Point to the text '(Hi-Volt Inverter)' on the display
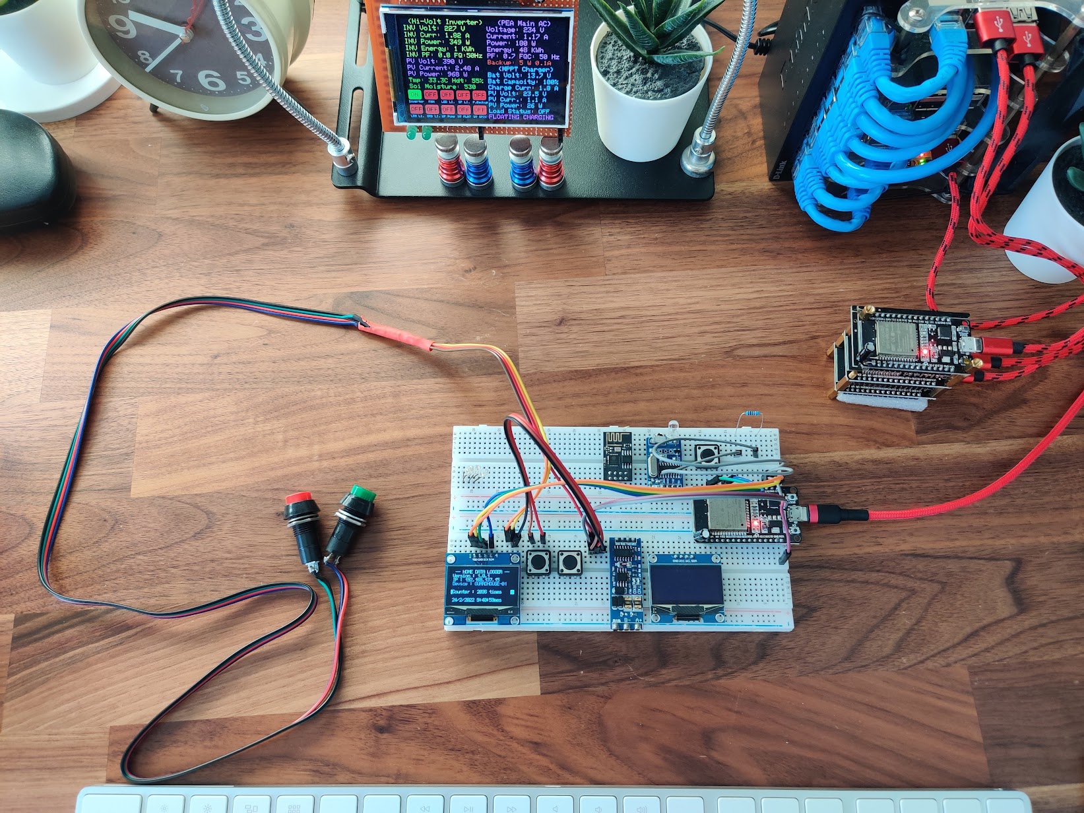(443, 22)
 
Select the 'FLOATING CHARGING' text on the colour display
(521, 117)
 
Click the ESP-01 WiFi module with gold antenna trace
(617, 455)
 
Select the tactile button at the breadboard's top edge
(708, 453)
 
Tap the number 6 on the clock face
(210, 80)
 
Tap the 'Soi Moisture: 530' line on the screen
(442, 86)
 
